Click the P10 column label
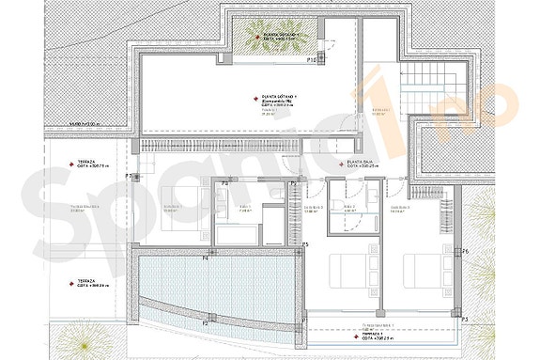point(310,61)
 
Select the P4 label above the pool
point(205,258)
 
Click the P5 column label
point(306,244)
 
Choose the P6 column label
point(465,252)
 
